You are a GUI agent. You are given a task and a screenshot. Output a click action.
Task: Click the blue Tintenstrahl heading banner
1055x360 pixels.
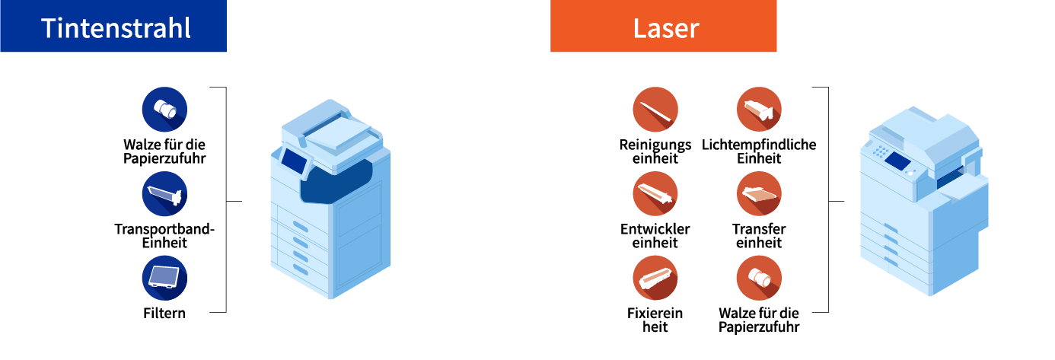coord(113,27)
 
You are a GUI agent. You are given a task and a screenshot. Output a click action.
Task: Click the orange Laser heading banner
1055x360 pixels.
coord(663,27)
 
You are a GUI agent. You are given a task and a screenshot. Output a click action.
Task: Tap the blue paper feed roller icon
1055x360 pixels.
coord(164,110)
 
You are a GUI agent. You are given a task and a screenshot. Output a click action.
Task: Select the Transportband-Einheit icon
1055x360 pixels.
coord(164,194)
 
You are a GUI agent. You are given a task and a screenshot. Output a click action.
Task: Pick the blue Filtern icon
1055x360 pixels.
coord(164,278)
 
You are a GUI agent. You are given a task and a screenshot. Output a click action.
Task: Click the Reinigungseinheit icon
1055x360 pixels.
coord(655,110)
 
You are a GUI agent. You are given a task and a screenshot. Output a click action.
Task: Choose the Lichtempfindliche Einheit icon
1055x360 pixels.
coord(759,110)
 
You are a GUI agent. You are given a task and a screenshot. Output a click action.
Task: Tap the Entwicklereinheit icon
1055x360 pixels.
coord(655,194)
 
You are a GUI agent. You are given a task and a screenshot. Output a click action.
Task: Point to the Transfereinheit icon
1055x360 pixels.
coord(759,194)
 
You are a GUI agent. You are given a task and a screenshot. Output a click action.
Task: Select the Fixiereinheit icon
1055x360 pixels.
coord(655,278)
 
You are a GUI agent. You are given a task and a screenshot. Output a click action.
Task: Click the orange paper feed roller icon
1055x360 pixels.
coord(759,278)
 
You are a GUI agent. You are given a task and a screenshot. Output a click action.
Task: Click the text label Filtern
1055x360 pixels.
coord(164,313)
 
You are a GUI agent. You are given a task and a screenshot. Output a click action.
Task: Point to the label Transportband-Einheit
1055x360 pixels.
coord(164,236)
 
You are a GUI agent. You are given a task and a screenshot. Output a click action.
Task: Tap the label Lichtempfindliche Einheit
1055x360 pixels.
coord(759,151)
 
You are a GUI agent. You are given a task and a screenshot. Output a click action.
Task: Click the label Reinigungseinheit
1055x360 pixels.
coord(655,151)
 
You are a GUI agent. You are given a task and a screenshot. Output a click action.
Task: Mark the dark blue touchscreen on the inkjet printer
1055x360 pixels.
coord(294,160)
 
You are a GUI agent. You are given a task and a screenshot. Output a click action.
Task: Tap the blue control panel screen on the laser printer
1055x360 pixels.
coord(898,161)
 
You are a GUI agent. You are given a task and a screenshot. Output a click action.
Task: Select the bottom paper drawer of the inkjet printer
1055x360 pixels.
coord(300,269)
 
